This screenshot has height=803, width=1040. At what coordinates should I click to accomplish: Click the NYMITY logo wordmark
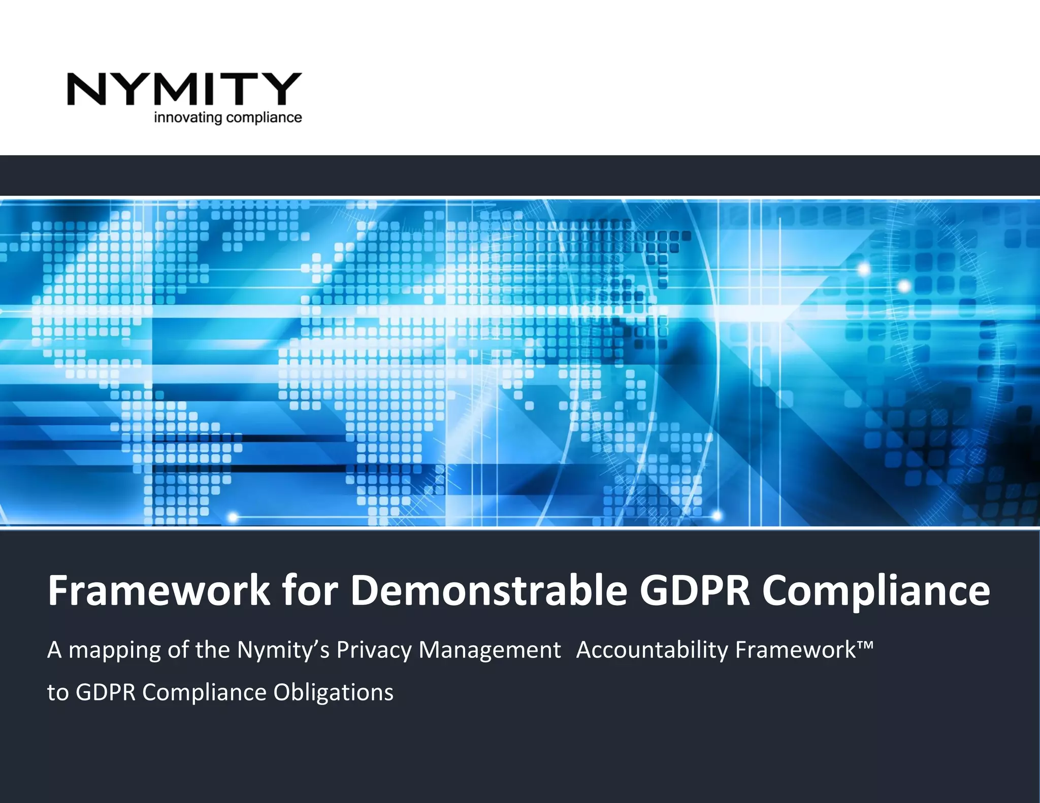click(x=184, y=89)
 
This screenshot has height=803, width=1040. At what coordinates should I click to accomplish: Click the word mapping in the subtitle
click(x=115, y=651)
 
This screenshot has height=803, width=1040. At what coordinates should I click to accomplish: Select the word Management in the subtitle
click(x=490, y=650)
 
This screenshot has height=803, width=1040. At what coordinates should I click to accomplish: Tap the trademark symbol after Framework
click(x=866, y=645)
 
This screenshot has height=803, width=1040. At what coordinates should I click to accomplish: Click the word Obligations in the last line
click(x=333, y=692)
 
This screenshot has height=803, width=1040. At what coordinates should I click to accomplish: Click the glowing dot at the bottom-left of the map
click(x=233, y=517)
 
